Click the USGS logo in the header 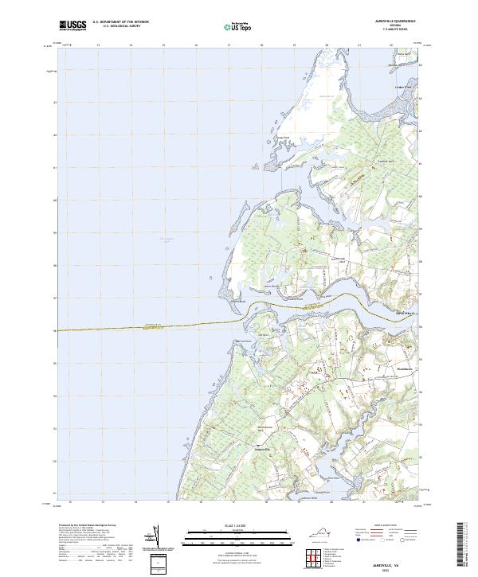click(x=72, y=25)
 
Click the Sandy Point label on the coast click(x=282, y=137)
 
